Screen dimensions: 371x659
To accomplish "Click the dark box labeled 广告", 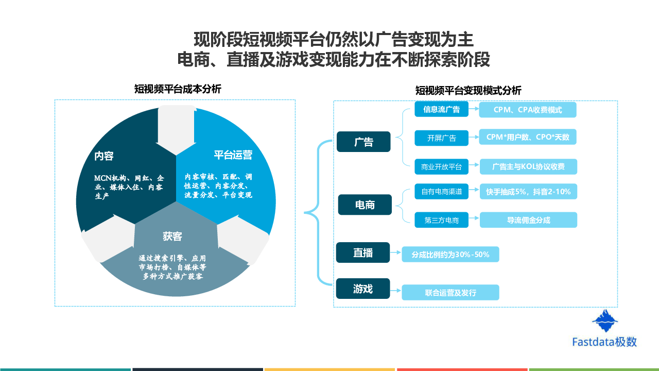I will pos(363,142).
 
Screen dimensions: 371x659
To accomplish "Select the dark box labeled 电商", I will pos(365,205).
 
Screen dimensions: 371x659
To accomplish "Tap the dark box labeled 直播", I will pos(363,253).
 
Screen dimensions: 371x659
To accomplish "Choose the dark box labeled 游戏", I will pos(363,289).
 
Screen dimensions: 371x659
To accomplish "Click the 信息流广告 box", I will pos(438,109).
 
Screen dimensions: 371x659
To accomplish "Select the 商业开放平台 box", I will pos(441,166).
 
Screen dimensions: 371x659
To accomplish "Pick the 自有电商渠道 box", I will pos(441,192).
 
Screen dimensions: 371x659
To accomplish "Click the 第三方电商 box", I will pos(441,220).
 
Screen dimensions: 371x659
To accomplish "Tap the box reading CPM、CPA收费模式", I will pos(528,110).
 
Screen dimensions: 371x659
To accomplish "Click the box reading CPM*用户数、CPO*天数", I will pos(528,137).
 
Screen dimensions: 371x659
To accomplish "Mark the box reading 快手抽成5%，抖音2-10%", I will pos(528,192).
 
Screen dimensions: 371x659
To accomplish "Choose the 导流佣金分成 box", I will pos(528,220).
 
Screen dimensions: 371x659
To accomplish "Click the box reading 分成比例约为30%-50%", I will pos(450,255).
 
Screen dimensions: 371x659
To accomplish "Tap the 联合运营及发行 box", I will pos(450,293).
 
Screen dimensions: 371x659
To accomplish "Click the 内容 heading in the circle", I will pos(104,156).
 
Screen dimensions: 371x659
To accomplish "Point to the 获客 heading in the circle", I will pos(172,237).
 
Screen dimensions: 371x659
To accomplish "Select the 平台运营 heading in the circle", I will pos(233,155).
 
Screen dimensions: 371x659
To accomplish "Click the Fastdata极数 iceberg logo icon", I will pos(605,322).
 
